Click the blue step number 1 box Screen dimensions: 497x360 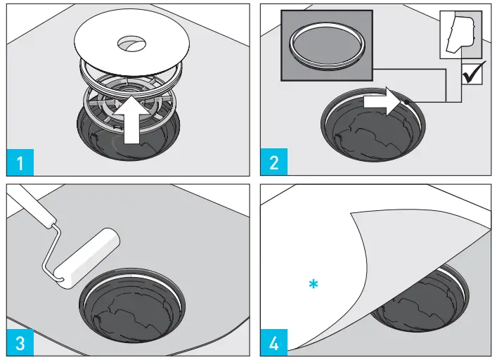[20, 162]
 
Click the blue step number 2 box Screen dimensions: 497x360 [274, 162]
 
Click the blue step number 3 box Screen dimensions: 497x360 [20, 342]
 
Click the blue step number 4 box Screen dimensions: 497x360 [274, 342]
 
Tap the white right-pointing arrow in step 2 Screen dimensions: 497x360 [382, 101]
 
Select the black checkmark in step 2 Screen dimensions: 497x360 [474, 73]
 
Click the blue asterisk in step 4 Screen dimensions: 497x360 [313, 284]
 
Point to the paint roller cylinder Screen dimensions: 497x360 [86, 258]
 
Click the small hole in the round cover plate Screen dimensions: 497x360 [131, 43]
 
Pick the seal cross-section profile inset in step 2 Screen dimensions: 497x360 [461, 34]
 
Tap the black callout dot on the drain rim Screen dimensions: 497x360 [406, 102]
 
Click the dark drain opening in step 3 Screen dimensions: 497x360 [132, 305]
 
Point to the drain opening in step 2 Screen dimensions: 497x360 [373, 125]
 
